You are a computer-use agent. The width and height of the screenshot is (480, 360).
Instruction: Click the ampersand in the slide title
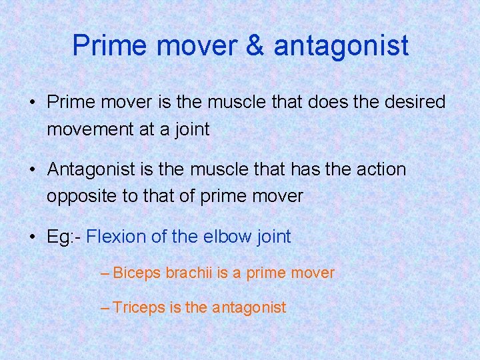click(256, 45)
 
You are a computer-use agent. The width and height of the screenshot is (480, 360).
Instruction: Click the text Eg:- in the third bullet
click(64, 237)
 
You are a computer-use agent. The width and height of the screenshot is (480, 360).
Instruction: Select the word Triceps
click(139, 308)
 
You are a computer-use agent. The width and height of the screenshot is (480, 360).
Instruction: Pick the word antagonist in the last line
click(249, 308)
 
